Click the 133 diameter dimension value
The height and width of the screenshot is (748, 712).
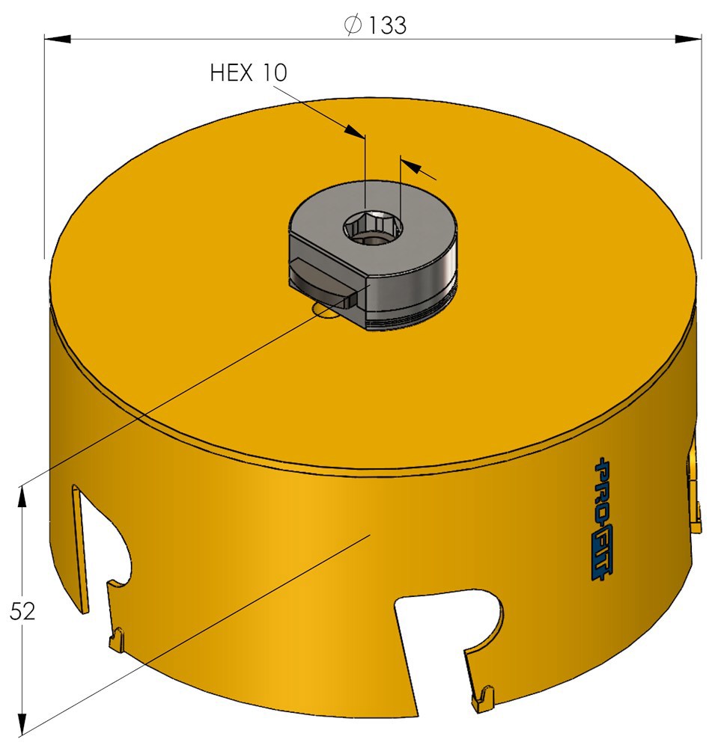387,25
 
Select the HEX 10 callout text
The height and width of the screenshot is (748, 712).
249,73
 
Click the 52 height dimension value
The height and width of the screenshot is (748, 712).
22,611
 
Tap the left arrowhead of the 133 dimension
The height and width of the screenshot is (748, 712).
58,39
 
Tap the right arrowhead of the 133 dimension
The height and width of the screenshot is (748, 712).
688,39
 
